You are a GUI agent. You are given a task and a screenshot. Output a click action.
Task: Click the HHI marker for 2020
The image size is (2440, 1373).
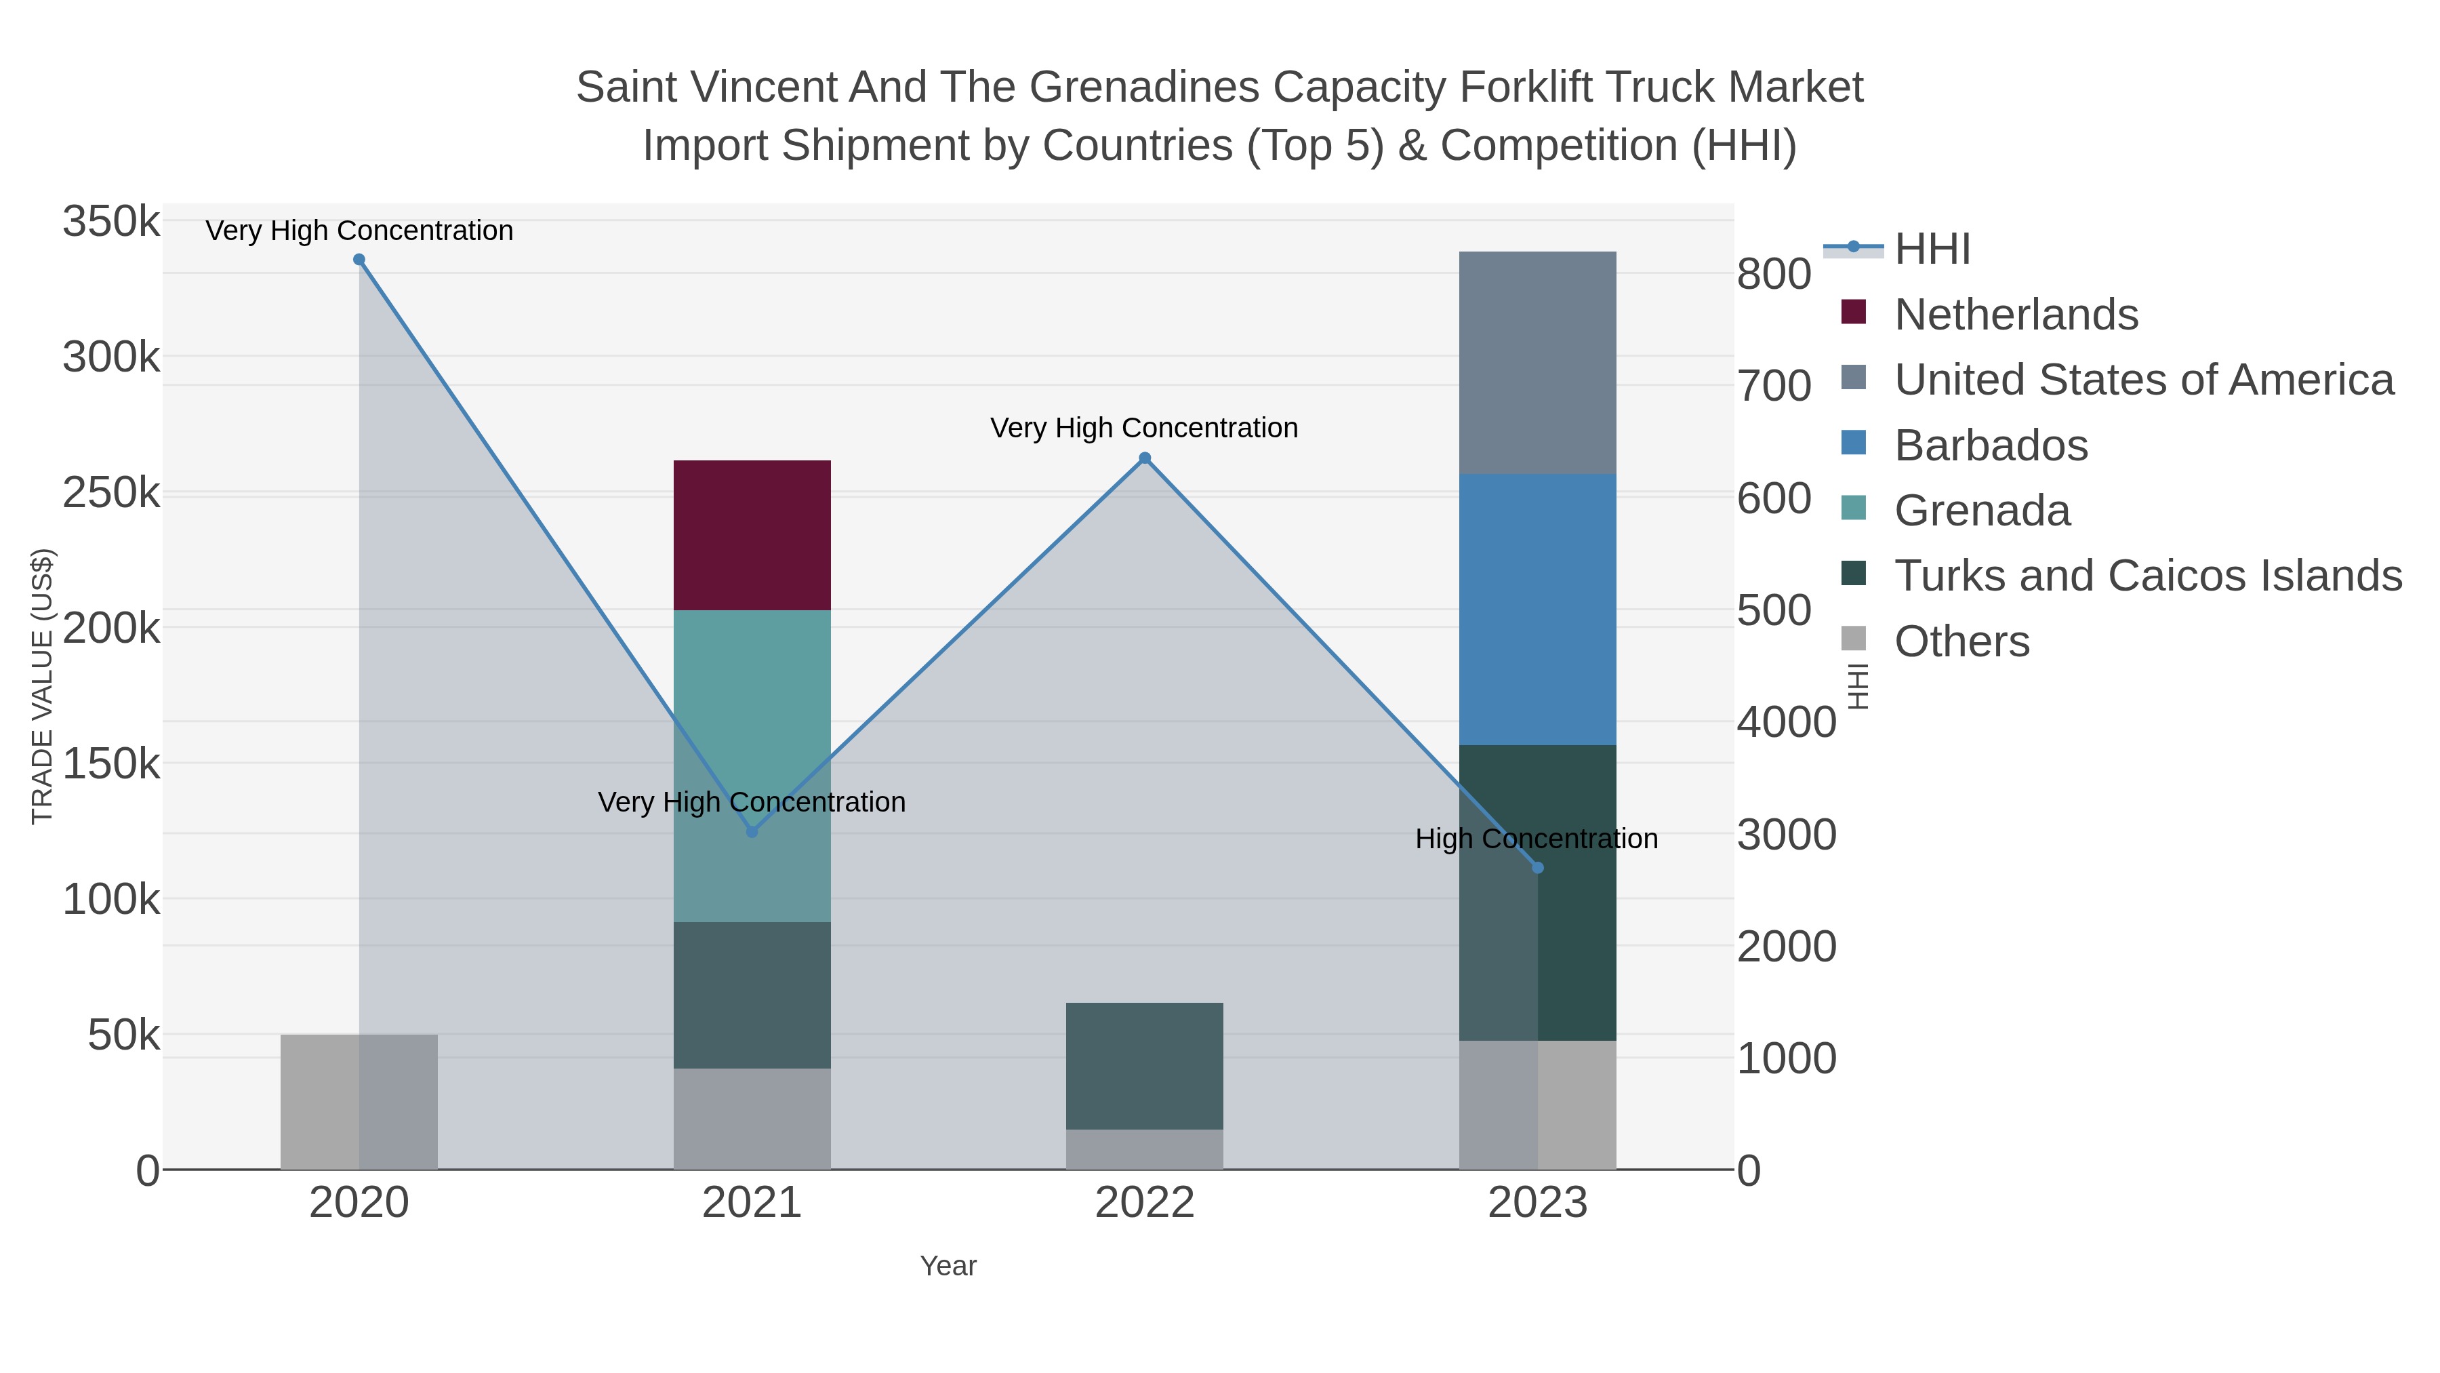359,260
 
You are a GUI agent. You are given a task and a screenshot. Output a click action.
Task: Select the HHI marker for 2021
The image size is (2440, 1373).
752,832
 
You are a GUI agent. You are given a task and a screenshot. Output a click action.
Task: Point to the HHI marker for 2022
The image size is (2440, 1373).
1144,458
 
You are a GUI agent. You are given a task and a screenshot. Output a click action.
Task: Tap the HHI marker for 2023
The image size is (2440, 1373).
1537,867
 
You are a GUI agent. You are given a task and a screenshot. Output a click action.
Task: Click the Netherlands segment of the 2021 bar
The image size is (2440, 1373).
752,536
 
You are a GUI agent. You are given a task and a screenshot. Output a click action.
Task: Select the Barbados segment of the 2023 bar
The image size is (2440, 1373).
1537,610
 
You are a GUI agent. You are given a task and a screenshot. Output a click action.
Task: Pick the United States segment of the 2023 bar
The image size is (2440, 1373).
1537,363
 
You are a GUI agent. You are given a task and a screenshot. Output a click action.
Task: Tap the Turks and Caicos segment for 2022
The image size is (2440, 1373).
1144,1066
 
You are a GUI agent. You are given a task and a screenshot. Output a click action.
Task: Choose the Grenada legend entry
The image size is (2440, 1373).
1982,511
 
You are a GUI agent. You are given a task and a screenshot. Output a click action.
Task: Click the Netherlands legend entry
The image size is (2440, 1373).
2016,315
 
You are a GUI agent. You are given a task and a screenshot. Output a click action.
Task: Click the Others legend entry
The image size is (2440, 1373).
1961,641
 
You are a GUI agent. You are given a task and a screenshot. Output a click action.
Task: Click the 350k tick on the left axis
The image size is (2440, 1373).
112,222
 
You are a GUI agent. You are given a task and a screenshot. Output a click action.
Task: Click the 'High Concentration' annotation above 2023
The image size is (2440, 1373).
1537,839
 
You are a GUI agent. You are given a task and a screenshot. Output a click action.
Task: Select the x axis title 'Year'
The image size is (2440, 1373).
948,1266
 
